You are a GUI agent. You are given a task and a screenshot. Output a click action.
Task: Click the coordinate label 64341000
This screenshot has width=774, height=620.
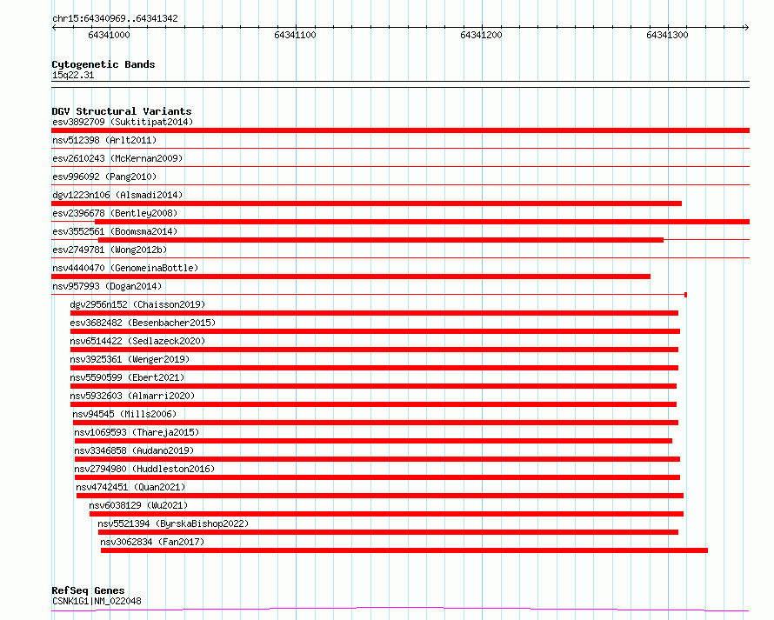(x=109, y=35)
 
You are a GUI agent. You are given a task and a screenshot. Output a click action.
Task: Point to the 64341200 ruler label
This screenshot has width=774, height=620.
(x=481, y=35)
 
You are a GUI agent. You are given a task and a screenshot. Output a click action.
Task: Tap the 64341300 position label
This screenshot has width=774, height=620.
(x=667, y=35)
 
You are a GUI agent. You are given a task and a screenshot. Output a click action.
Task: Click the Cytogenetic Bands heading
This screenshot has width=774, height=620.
(x=103, y=64)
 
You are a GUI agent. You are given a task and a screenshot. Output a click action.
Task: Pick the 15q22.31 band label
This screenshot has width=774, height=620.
(x=73, y=75)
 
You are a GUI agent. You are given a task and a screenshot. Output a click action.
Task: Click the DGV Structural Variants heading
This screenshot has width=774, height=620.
(x=121, y=111)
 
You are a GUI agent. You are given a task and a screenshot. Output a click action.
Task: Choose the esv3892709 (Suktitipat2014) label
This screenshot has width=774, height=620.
(x=122, y=122)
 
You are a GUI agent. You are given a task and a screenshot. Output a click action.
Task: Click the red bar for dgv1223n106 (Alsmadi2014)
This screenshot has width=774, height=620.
(x=366, y=203)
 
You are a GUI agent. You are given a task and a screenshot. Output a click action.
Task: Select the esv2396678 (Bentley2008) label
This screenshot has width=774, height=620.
(x=114, y=213)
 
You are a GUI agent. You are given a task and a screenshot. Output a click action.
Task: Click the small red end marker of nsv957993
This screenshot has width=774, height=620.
(x=685, y=295)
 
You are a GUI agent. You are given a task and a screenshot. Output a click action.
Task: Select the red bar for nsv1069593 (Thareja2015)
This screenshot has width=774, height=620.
(x=373, y=441)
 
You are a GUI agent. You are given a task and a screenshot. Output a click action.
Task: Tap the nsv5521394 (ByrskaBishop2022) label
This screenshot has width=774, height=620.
(x=173, y=523)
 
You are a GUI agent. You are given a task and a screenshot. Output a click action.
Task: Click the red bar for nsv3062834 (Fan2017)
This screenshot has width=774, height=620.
(x=404, y=550)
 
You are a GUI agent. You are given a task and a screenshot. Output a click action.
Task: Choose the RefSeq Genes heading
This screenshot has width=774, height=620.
(x=88, y=590)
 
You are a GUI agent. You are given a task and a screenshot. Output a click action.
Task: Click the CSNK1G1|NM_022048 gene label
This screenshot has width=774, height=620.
(x=97, y=601)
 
